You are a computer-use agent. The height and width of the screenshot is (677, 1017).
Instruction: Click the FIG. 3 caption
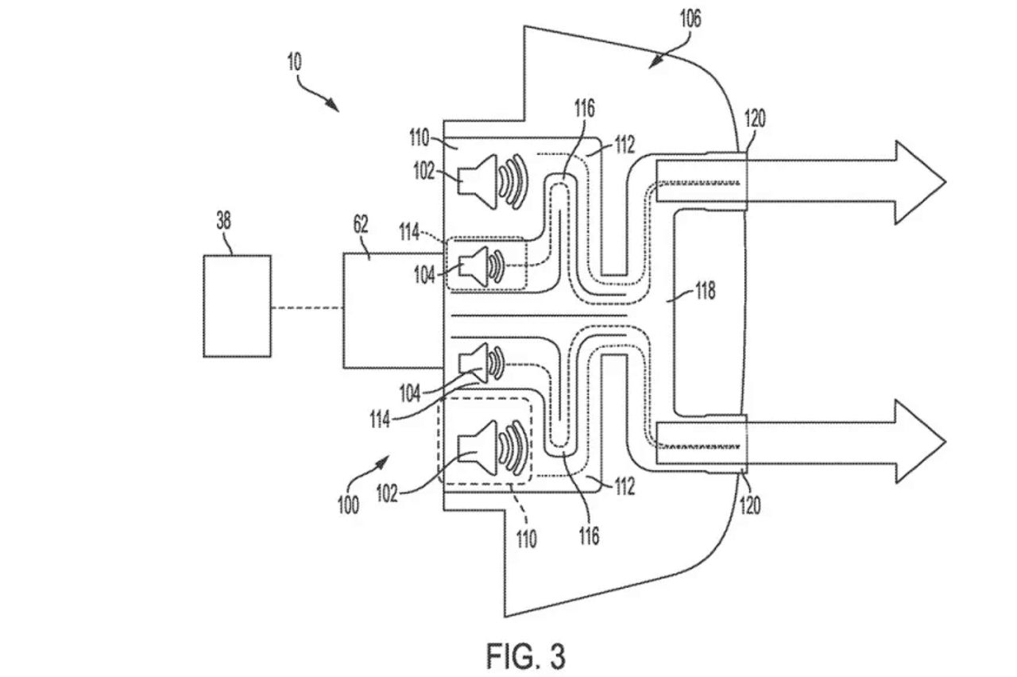point(526,656)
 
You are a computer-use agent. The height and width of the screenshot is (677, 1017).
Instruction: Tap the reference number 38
point(223,221)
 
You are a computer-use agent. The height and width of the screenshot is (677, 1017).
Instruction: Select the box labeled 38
point(237,306)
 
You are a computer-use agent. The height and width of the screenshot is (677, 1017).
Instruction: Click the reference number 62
point(361,224)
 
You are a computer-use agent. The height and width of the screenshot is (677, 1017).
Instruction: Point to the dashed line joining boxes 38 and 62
point(307,308)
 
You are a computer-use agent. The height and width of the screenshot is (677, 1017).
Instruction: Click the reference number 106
point(690,18)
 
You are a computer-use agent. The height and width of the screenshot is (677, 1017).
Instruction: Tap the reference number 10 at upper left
point(294,62)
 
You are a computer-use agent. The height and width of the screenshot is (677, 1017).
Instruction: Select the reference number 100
point(348,505)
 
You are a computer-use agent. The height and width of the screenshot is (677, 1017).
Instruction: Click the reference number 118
point(705,291)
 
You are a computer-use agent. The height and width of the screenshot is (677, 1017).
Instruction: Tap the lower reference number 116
point(589,536)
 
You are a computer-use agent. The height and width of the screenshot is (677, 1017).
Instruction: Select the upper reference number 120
point(755,118)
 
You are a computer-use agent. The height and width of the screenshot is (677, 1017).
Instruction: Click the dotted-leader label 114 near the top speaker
point(409,233)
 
